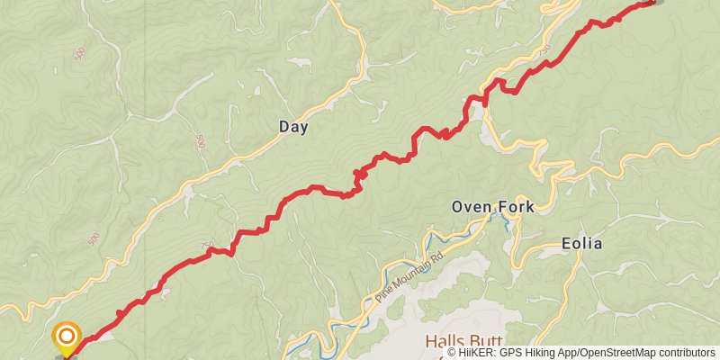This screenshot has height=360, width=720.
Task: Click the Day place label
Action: [293, 127]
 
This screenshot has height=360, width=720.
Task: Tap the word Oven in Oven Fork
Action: [470, 208]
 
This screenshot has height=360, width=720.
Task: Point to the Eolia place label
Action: [581, 244]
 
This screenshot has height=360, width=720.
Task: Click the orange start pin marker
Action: [66, 338]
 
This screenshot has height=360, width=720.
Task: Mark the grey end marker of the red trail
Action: [656, 1]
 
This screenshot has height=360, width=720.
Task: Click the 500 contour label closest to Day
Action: [200, 142]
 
